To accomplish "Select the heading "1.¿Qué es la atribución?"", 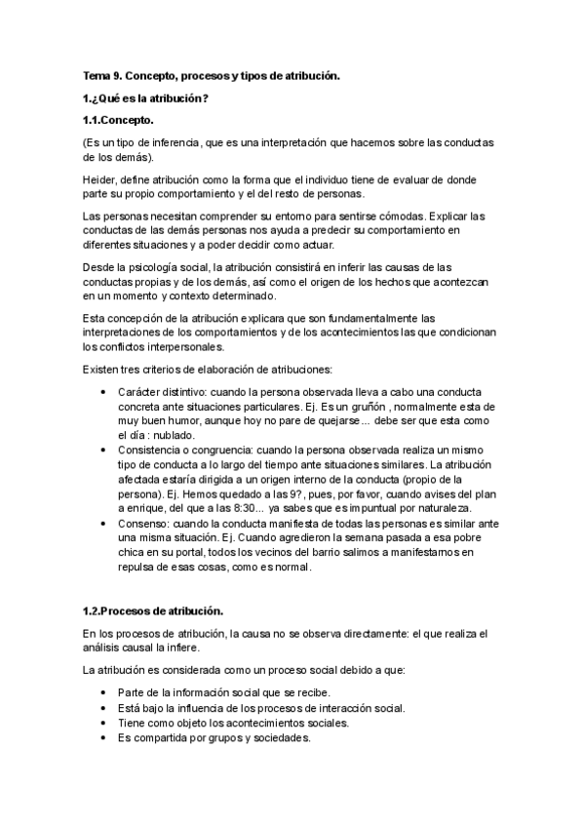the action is click(146, 98).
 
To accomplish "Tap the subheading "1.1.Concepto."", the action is click(118, 120).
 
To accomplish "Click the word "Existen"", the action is click(101, 369).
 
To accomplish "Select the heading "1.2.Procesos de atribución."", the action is click(153, 611).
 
